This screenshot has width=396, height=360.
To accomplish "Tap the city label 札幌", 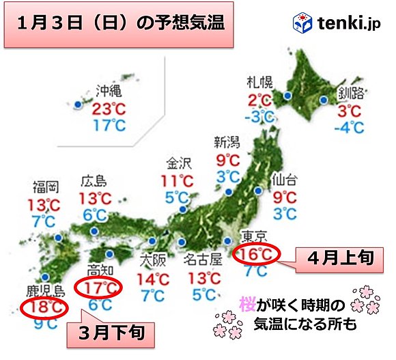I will (259, 84).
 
